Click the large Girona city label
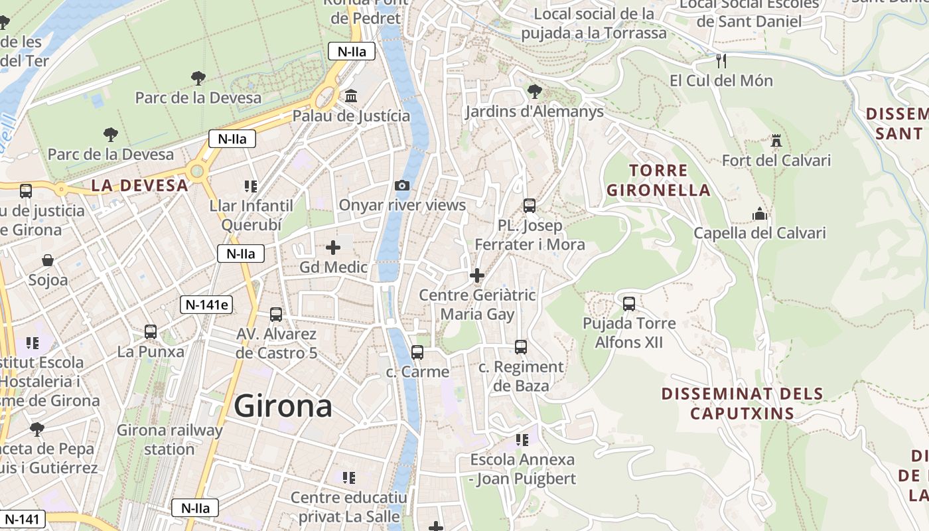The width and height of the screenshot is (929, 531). [x=283, y=406]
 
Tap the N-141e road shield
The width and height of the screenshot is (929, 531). [x=207, y=305]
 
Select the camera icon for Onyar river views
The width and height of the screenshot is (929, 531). [x=401, y=186]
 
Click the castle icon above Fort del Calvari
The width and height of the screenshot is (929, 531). [x=776, y=141]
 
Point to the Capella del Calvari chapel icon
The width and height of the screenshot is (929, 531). [x=760, y=214]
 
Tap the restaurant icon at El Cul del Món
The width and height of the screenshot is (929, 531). [x=721, y=61]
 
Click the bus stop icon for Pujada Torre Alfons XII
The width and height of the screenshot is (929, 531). [x=628, y=304]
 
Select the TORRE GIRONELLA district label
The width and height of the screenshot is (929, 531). [x=658, y=181]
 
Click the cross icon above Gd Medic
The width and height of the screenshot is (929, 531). [x=333, y=248]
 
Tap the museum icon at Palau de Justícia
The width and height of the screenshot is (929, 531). [x=351, y=96]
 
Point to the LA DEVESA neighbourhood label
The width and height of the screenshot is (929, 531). [x=139, y=186]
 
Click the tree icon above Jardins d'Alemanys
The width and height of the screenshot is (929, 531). [x=534, y=92]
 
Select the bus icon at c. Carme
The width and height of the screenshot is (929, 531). [x=417, y=352]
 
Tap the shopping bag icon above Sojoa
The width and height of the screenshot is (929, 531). [x=48, y=260]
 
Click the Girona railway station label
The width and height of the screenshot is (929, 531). [x=169, y=439]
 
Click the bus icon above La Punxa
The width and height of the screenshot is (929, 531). [x=151, y=332]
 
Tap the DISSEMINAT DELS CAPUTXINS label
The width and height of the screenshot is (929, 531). [x=742, y=404]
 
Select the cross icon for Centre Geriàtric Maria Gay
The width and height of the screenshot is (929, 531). [x=476, y=275]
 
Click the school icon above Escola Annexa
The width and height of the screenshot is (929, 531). [x=522, y=439]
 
